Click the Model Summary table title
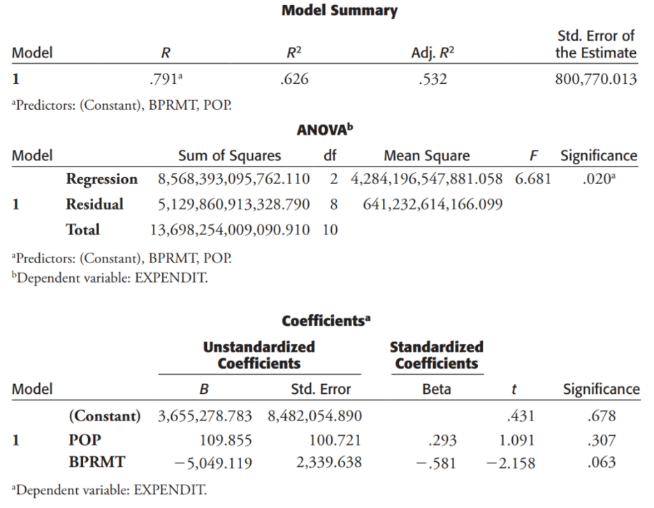(339, 11)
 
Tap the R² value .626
(293, 79)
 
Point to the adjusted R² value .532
(430, 79)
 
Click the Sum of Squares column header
(230, 156)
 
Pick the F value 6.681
(532, 178)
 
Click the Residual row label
(94, 204)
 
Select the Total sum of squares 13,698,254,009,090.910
(230, 230)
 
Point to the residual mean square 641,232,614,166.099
(433, 204)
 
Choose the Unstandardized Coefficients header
(259, 355)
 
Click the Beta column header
(437, 389)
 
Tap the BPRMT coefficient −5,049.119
(215, 463)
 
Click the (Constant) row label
(104, 416)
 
